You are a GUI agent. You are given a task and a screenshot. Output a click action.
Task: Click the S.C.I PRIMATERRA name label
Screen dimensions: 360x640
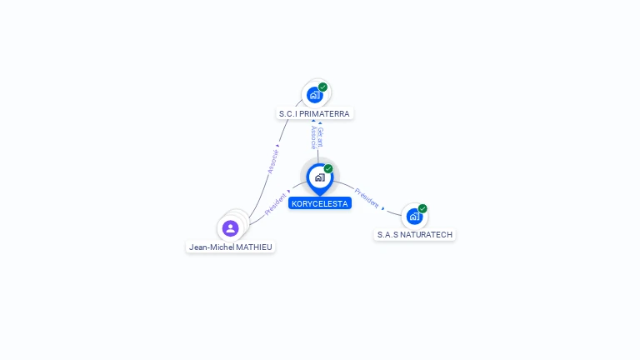point(314,113)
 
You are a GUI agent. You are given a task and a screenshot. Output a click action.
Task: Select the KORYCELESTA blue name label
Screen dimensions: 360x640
point(320,203)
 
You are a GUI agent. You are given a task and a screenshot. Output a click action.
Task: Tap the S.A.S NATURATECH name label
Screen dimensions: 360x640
point(414,235)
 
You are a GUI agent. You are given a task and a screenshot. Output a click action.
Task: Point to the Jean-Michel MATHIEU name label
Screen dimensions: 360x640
point(231,247)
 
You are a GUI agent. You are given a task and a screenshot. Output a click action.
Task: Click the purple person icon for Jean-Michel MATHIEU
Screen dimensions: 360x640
point(231,227)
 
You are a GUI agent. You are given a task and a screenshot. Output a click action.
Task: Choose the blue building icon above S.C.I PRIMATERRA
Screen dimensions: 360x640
point(314,95)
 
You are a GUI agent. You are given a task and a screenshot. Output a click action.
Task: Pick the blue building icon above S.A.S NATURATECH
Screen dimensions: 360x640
point(413,217)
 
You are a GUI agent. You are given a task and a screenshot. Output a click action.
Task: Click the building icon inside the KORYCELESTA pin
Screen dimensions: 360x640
point(319,177)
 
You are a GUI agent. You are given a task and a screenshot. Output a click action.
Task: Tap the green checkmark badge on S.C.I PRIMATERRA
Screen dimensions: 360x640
point(322,87)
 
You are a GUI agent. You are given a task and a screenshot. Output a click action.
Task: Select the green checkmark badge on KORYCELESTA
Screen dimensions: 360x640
point(328,168)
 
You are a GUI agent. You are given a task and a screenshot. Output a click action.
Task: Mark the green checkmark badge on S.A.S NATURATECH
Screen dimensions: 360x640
point(422,208)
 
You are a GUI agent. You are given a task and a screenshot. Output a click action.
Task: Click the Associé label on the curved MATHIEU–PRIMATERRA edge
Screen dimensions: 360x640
point(273,162)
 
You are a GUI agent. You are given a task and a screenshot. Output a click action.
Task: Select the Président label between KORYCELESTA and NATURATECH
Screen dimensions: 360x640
point(367,197)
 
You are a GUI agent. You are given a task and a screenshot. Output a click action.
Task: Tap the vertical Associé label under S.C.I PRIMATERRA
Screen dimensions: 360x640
point(312,137)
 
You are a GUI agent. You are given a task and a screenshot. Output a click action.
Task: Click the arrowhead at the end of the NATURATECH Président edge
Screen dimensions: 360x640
point(383,207)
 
